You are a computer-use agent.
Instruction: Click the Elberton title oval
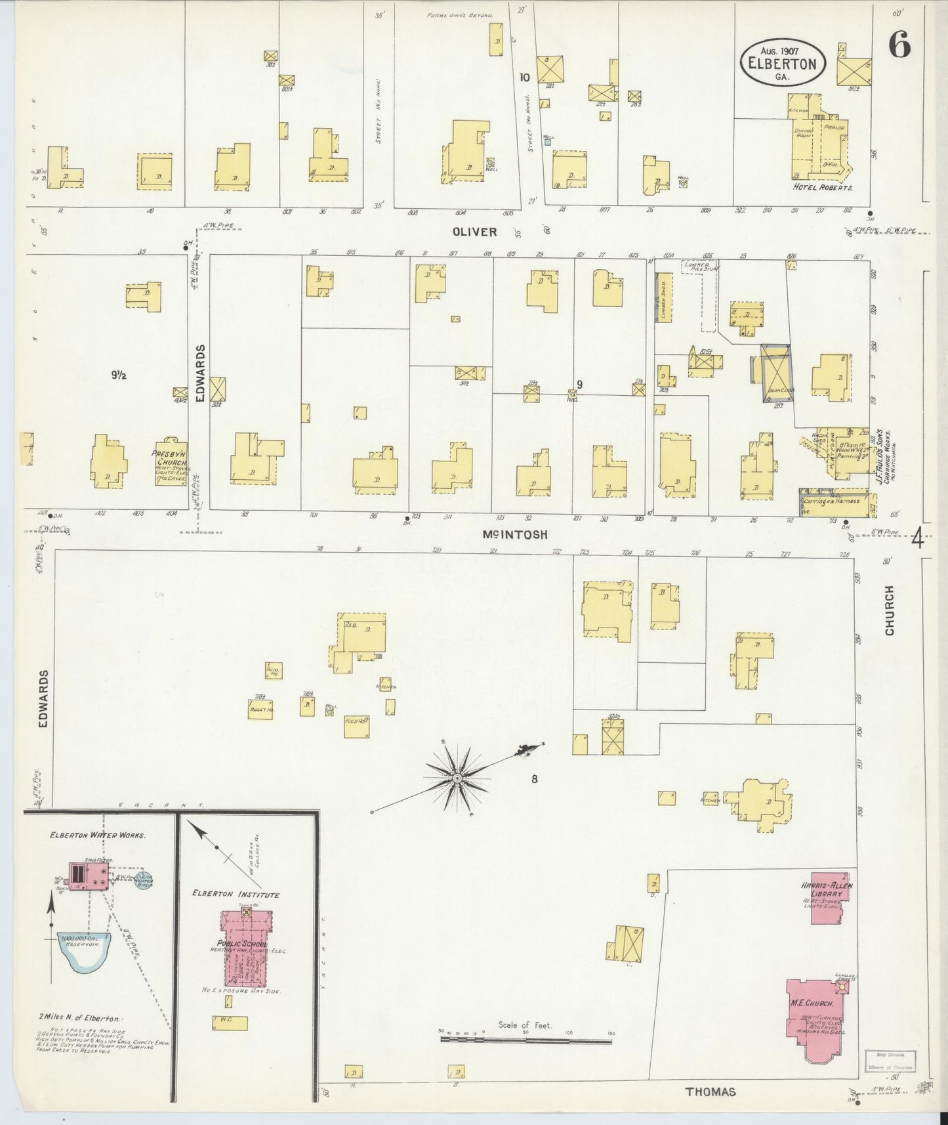(782, 62)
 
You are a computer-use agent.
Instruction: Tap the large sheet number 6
(899, 45)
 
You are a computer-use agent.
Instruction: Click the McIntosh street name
(515, 535)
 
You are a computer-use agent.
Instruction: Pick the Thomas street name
(711, 1092)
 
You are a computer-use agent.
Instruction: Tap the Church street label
(890, 610)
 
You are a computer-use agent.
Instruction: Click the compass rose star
(457, 778)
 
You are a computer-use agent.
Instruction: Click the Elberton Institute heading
(236, 895)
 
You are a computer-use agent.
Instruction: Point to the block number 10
(524, 77)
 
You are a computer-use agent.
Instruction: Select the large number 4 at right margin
(917, 540)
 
